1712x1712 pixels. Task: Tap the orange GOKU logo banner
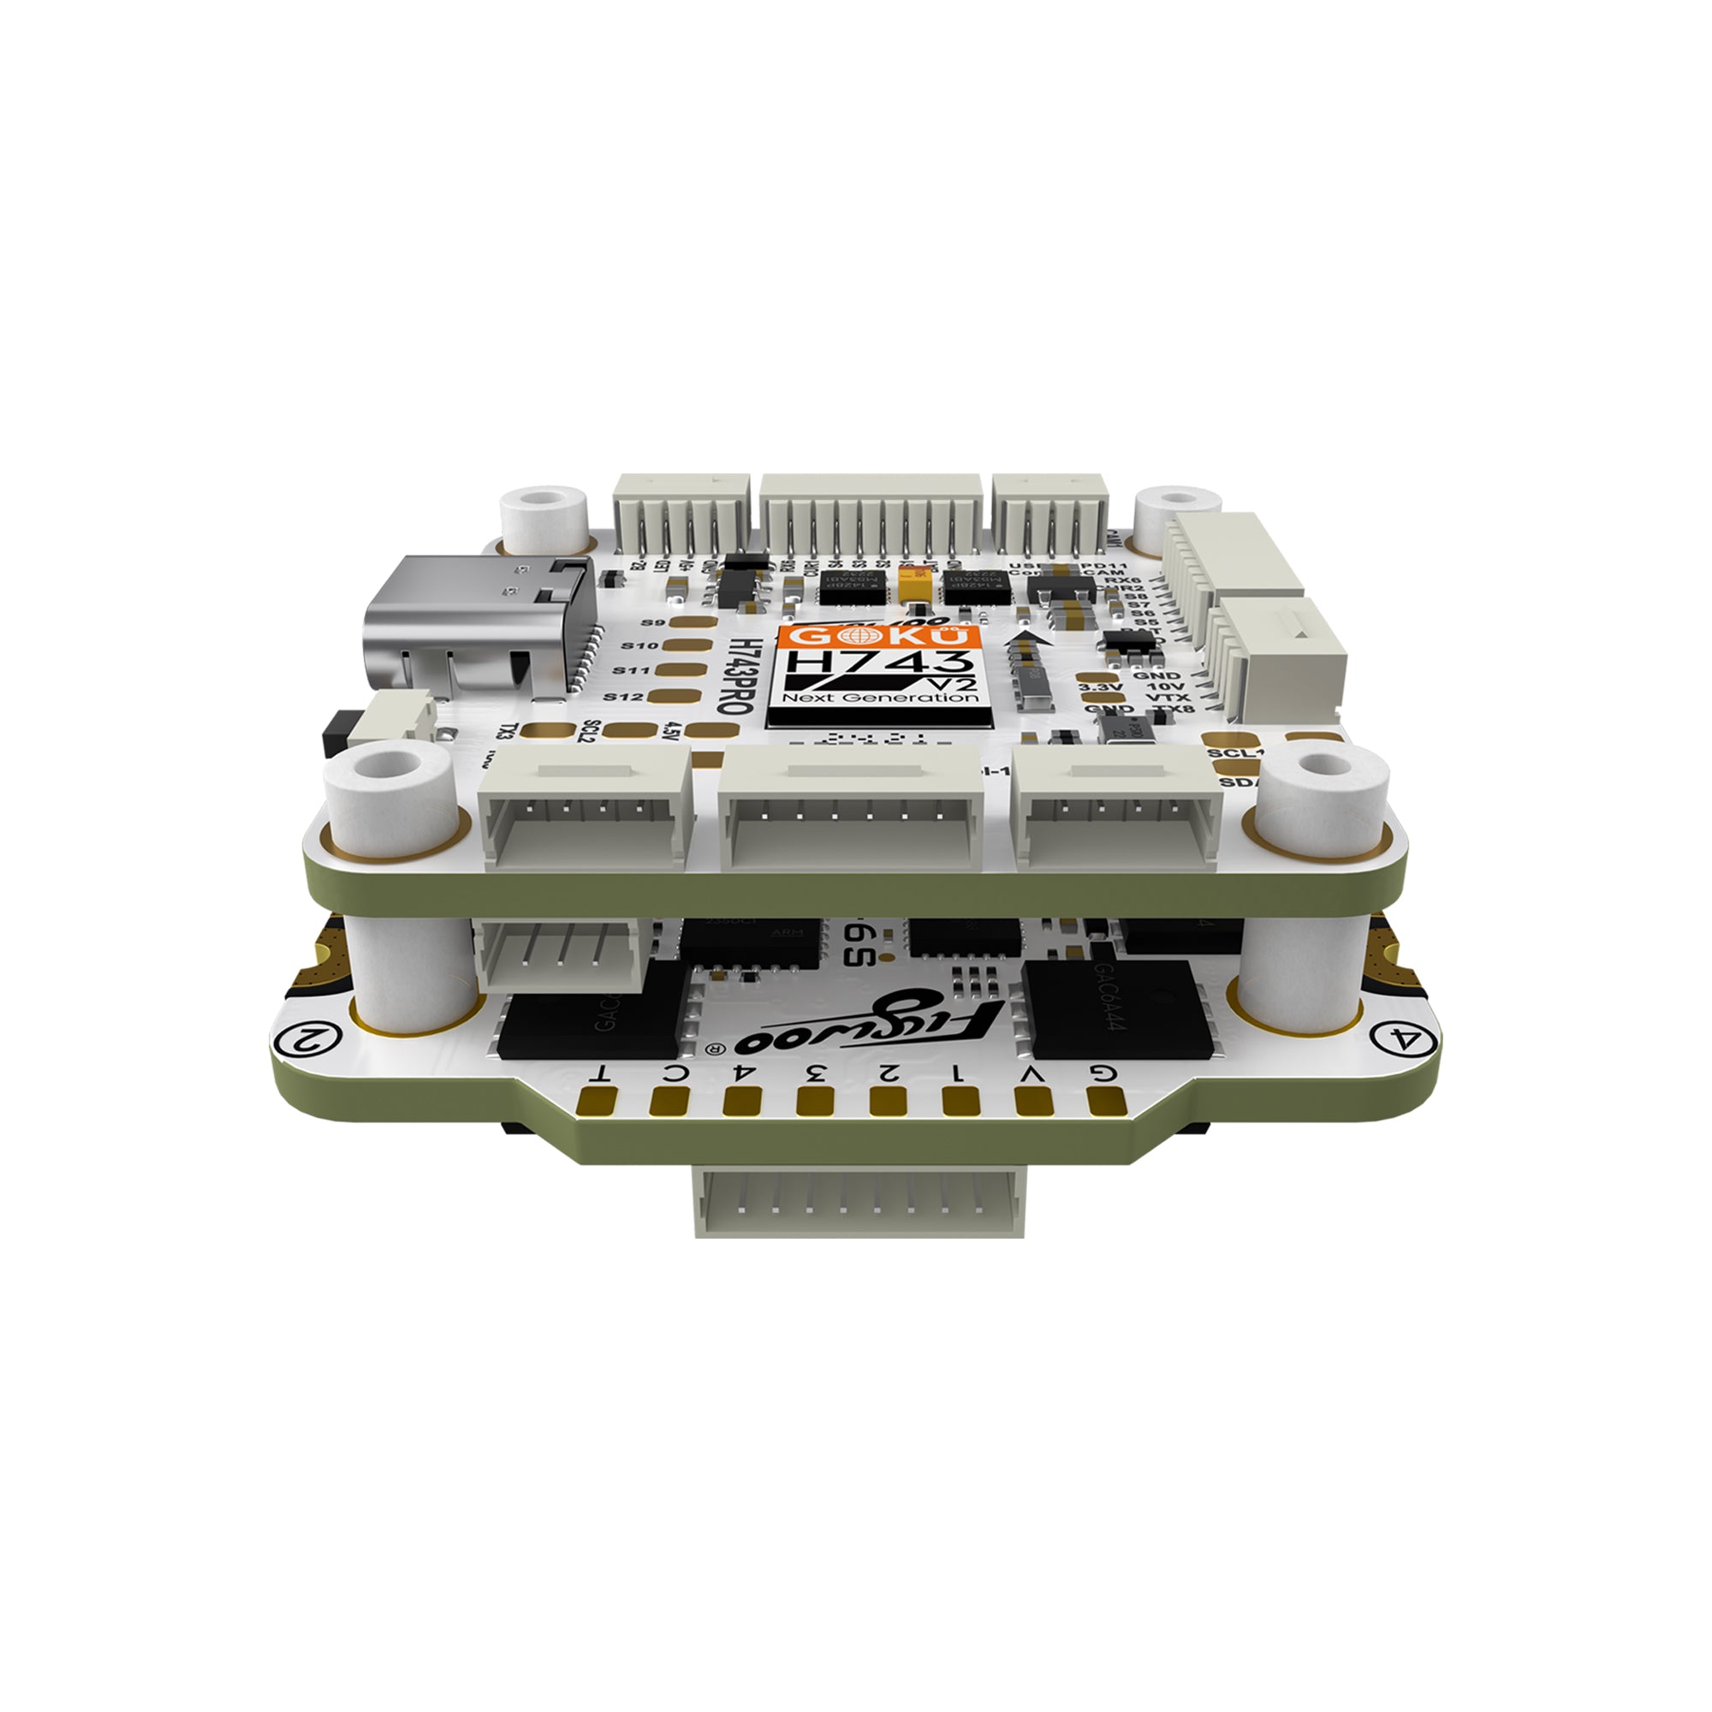tap(877, 636)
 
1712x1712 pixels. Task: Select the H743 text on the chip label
tap(877, 663)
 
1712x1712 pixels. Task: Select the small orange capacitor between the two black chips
tap(915, 586)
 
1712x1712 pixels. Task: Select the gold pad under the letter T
tap(596, 1102)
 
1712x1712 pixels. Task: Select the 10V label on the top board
tap(1165, 687)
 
